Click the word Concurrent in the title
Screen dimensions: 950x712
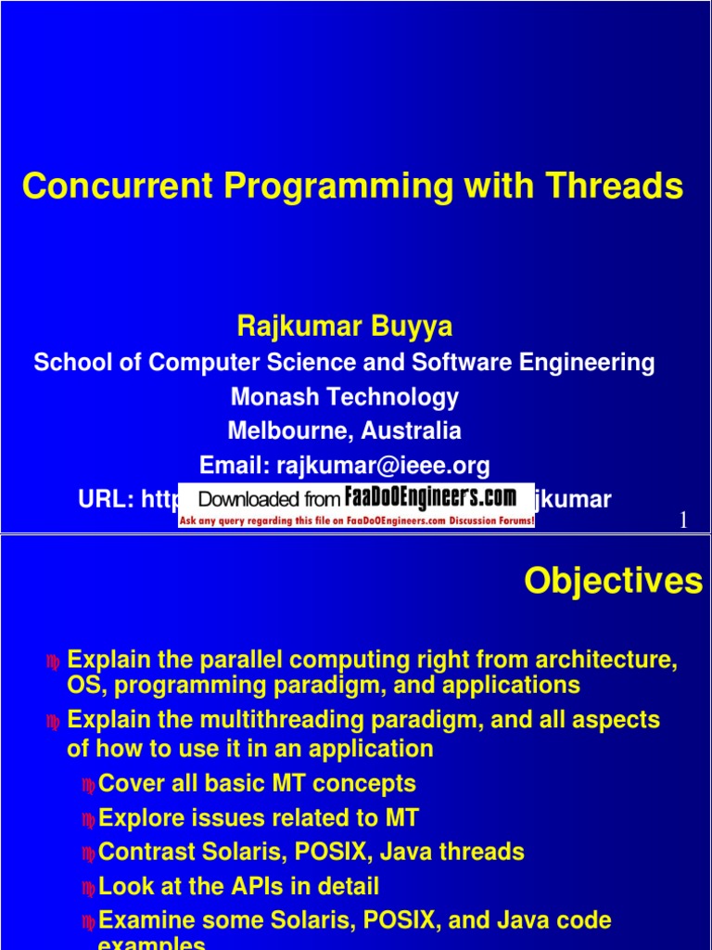(117, 186)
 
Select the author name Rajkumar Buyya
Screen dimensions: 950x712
(345, 326)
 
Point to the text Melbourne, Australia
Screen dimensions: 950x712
(345, 431)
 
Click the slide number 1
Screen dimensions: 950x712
(683, 521)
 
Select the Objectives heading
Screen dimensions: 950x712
(613, 582)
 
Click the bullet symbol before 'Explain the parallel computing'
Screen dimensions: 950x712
(54, 662)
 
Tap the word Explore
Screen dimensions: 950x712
(138, 818)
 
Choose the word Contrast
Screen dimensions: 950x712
(144, 852)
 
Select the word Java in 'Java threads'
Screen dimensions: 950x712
(425, 852)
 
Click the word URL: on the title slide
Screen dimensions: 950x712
(108, 499)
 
